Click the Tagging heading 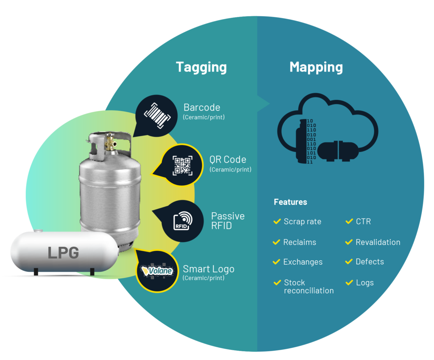(x=201, y=67)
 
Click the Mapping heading (x=316, y=67)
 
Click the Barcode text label (x=202, y=108)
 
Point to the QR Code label (x=228, y=160)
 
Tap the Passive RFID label (x=228, y=221)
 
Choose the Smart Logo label (x=209, y=269)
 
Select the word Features (x=290, y=202)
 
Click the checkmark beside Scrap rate (x=277, y=221)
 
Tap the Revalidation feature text (x=378, y=242)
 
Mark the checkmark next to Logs (x=349, y=282)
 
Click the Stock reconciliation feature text (x=309, y=286)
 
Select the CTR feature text (x=363, y=222)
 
